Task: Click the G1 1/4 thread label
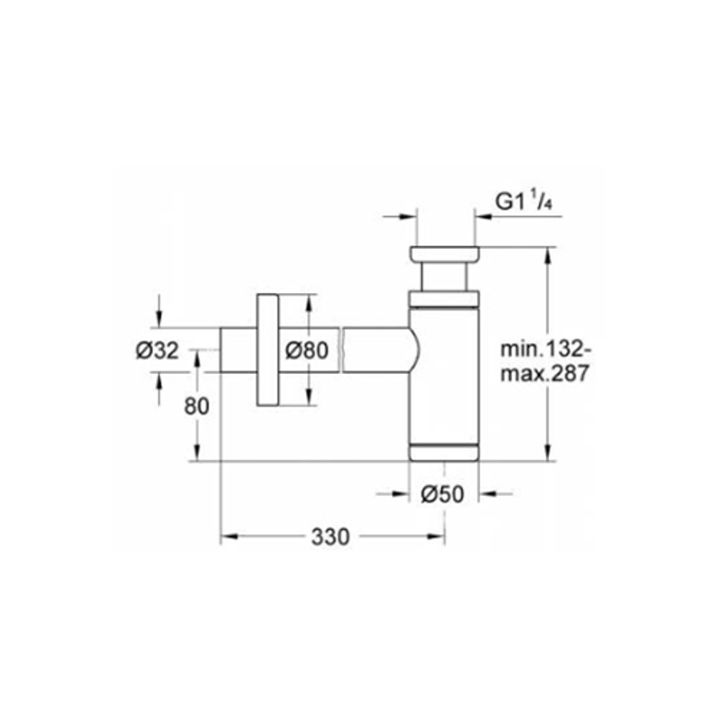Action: [x=523, y=202]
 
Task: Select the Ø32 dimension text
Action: [x=157, y=351]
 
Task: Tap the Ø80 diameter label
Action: [x=307, y=351]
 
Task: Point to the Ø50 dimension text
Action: [x=442, y=494]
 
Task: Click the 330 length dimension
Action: [x=330, y=536]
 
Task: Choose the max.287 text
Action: [x=544, y=374]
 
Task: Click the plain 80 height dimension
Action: [x=197, y=406]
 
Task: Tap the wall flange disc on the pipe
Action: [x=267, y=350]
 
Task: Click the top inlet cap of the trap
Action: [x=444, y=255]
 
